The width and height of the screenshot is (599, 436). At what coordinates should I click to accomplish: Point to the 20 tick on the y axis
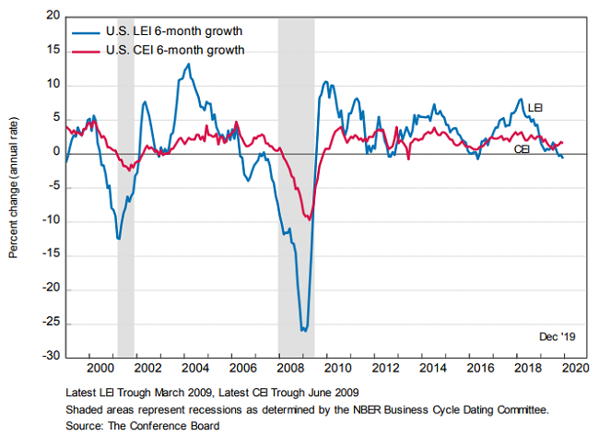point(51,17)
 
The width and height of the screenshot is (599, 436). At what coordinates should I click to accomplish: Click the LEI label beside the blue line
point(534,108)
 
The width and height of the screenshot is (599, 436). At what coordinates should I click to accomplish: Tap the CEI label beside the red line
point(522,147)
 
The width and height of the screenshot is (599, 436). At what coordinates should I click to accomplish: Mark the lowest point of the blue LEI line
point(303,329)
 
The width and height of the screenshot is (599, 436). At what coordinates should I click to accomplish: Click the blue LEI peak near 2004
point(188,64)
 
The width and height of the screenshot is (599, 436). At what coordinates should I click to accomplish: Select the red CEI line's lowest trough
point(309,219)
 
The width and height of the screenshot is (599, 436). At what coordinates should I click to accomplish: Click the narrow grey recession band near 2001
point(126,184)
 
